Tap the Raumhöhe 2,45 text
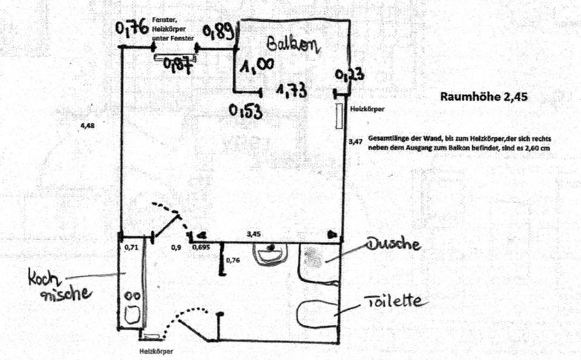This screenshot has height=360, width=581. click(x=479, y=96)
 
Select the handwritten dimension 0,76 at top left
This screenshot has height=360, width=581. click(x=133, y=28)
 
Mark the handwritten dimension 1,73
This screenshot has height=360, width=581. click(x=291, y=91)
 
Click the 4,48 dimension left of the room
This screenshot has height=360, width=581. click(x=88, y=126)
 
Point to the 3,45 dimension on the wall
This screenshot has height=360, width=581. click(x=254, y=232)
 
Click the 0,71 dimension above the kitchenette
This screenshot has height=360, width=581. click(x=131, y=247)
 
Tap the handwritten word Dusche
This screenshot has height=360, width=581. click(x=393, y=244)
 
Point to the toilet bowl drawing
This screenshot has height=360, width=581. click(x=318, y=312)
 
